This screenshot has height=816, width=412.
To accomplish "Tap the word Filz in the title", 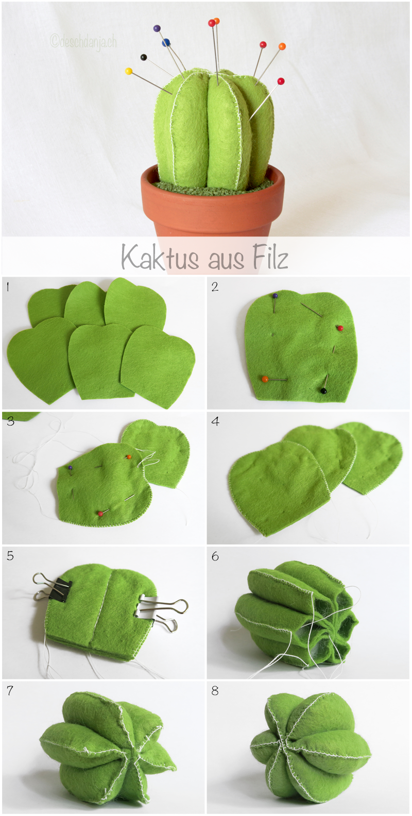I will (269, 257).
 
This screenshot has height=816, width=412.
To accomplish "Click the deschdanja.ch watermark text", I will (83, 41).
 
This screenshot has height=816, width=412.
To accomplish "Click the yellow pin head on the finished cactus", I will (129, 71).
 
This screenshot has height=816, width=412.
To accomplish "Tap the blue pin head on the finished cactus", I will (166, 43).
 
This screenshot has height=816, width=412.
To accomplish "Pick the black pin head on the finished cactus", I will (143, 57).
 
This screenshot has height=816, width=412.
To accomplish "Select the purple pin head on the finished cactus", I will (157, 28).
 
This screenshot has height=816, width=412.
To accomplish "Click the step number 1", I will (8, 287).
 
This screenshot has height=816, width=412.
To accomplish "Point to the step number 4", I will (215, 421).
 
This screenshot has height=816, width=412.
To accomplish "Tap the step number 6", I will (215, 556).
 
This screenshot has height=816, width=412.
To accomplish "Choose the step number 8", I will (215, 691).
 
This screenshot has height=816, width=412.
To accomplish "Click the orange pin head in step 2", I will (265, 379).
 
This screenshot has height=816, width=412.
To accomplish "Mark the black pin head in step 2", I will (323, 392).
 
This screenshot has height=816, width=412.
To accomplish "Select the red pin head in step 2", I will (340, 328).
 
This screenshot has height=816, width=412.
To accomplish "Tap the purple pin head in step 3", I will (70, 468).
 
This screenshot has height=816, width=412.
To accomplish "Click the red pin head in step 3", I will (100, 513).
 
